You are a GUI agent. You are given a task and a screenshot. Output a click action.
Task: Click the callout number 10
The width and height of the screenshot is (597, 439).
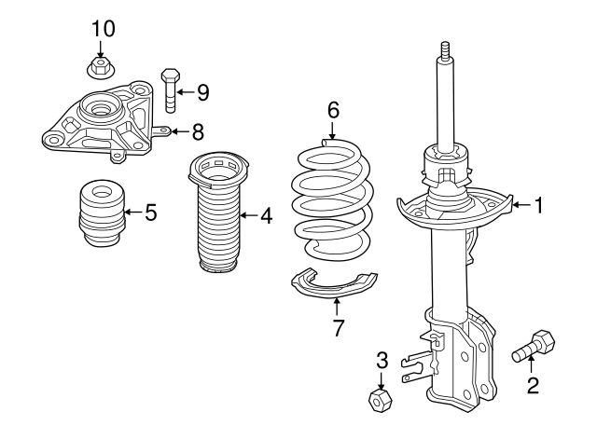tap(104, 28)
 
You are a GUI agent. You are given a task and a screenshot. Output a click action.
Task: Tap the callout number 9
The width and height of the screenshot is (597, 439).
tap(201, 91)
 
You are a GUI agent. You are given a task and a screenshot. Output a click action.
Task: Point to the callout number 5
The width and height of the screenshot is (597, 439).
tap(149, 212)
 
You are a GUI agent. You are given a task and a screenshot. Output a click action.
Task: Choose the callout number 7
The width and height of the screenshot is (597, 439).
tap(339, 327)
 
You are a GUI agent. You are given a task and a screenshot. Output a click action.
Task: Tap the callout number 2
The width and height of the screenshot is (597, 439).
tap(533, 384)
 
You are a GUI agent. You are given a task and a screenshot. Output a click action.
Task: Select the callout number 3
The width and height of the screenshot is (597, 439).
tap(382, 359)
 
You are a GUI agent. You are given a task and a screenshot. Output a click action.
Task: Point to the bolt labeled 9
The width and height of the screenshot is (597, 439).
tap(169, 88)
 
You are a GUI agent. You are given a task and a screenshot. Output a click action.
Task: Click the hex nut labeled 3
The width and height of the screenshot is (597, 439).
tap(381, 399)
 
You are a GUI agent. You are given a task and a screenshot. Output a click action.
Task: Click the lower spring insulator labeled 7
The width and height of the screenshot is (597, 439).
tap(332, 283)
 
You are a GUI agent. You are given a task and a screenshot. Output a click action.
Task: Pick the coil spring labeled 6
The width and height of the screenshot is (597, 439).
tap(331, 198)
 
